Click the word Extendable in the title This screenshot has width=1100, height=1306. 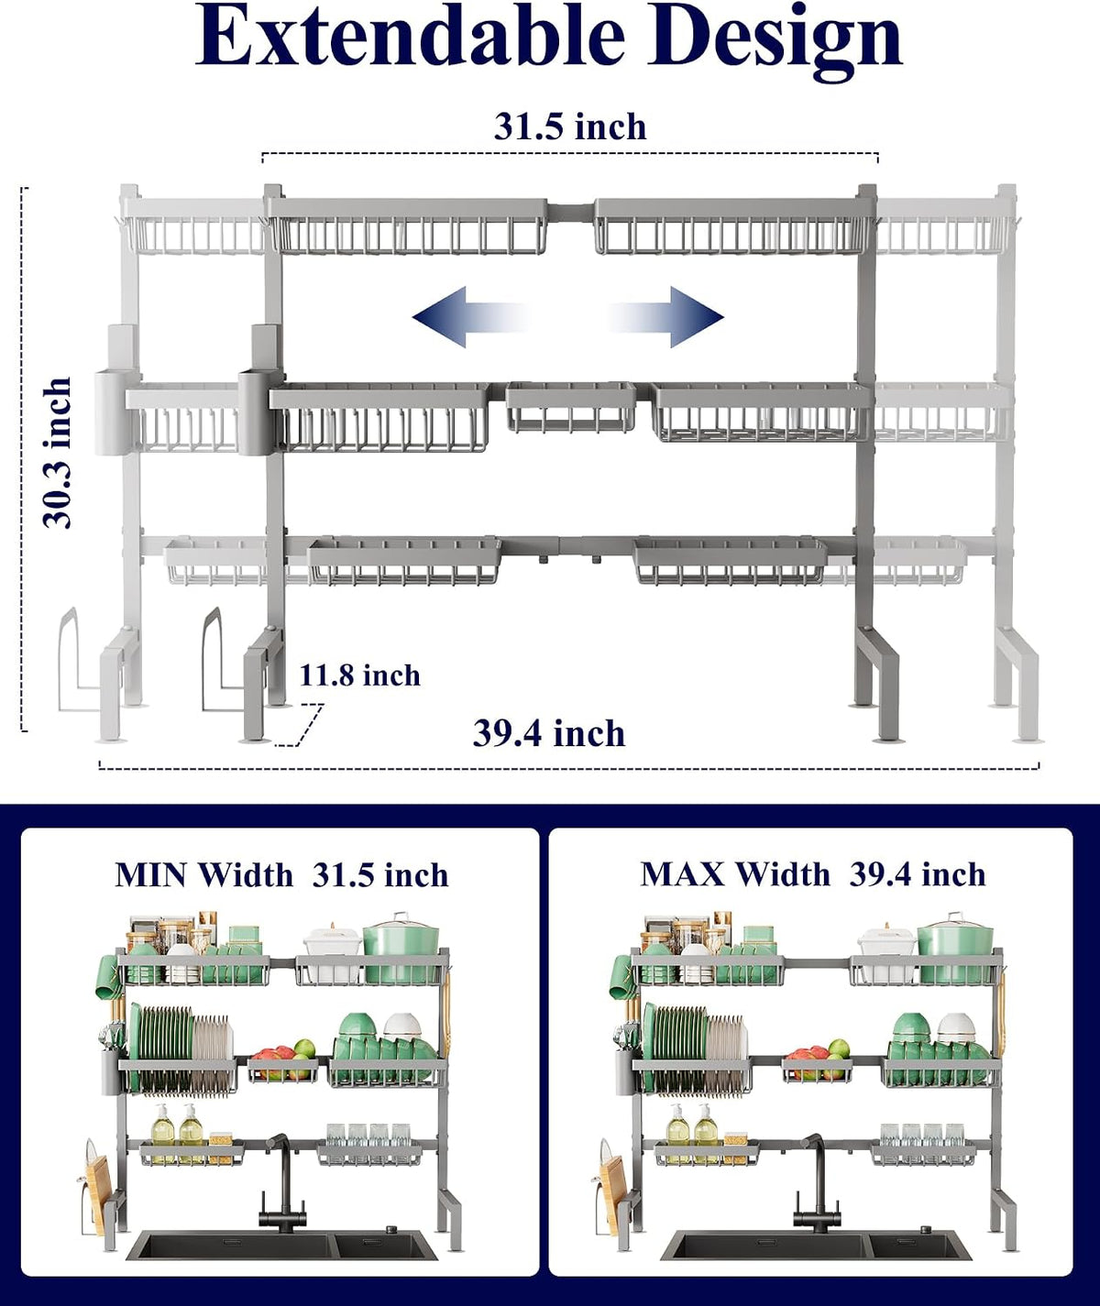point(410,36)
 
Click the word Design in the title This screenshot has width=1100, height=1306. point(775,42)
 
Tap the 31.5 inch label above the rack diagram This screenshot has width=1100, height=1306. point(570,127)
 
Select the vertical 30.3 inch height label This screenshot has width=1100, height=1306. point(57,453)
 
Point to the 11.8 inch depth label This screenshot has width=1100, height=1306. point(359,675)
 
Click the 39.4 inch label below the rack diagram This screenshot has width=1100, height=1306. point(549,734)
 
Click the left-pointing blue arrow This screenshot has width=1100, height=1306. point(470,316)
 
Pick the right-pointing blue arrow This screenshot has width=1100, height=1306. point(665,316)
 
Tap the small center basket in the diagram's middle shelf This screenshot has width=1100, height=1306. point(571,407)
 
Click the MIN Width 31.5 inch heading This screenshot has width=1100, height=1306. point(281,875)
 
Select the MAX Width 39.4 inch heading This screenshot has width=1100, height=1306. point(813,874)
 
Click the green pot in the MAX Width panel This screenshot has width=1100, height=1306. point(955,949)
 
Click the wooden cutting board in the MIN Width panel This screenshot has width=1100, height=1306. point(97,1191)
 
